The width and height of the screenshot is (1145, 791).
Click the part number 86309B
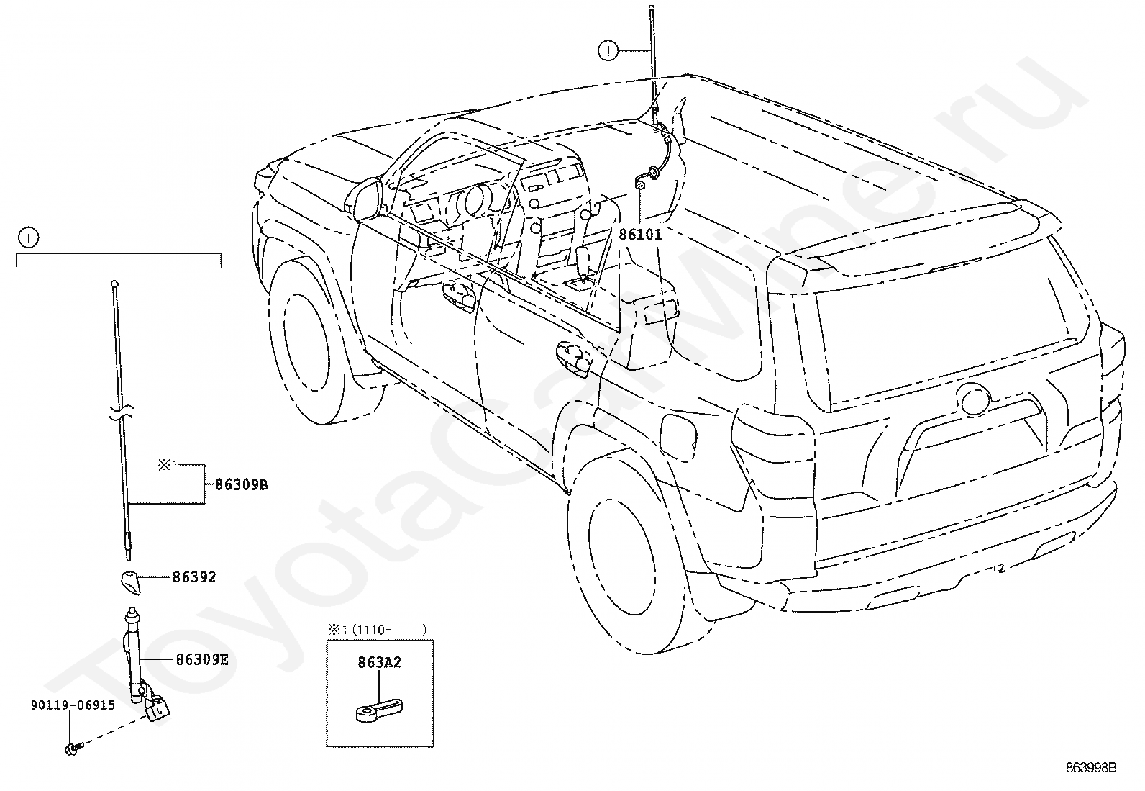pos(242,485)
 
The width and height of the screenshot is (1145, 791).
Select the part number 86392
pos(194,577)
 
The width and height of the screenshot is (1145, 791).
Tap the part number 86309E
pos(202,659)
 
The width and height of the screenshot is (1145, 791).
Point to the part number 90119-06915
pos(73,705)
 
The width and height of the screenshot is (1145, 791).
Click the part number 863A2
pos(380,663)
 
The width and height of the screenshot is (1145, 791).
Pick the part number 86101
pos(640,235)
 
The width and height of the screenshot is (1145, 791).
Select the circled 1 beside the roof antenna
pos(608,50)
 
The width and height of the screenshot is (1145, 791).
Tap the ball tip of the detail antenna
pos(114,285)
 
